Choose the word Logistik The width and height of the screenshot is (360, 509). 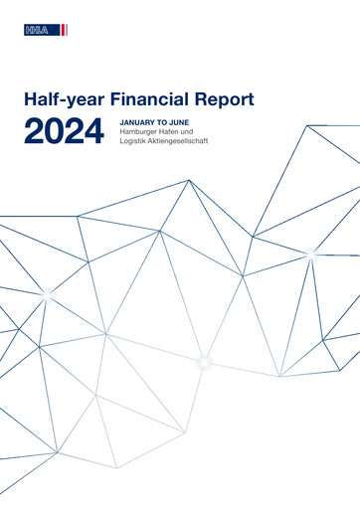[x=134, y=143]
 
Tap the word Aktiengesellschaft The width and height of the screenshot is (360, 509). [x=188, y=143]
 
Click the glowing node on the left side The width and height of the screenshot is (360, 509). [x=46, y=294]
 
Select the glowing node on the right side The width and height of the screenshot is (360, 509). [x=310, y=254]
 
